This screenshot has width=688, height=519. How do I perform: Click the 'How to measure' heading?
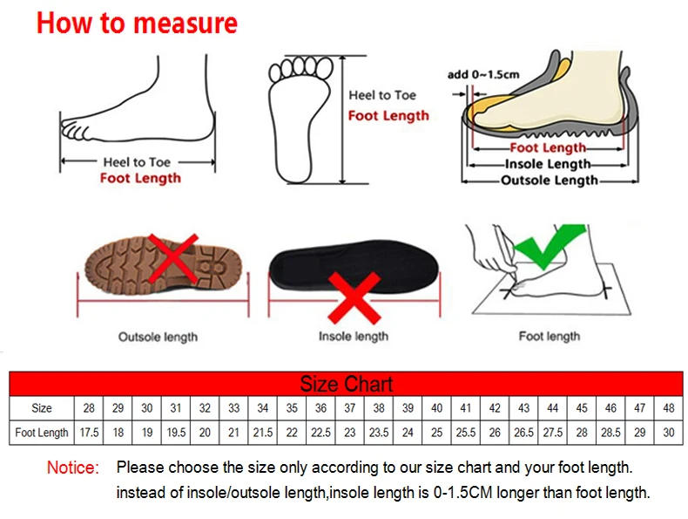pos(137,24)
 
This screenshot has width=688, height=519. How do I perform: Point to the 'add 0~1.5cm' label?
pos(483,74)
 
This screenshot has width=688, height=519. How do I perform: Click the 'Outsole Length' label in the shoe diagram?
pos(550,181)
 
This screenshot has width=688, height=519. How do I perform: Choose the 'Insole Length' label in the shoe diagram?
pos(549,164)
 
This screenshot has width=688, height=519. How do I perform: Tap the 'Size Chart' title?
pos(347,384)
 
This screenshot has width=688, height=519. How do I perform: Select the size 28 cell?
pos(89,408)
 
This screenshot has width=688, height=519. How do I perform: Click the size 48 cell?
pos(669,408)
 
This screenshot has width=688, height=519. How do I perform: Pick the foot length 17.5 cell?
pos(89,433)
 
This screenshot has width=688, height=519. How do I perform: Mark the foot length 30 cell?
pos(669,433)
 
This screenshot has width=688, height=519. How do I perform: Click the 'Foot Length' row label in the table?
pos(42,433)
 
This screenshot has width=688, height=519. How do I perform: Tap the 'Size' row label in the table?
pos(42,408)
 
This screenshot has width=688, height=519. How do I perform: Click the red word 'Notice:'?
pos(73,468)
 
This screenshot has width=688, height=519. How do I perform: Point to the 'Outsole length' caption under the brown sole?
pos(158,337)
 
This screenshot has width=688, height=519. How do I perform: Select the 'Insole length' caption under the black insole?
pos(353,337)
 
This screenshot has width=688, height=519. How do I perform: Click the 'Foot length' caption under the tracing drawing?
pos(549,336)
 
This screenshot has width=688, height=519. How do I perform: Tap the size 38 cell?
pos(379,408)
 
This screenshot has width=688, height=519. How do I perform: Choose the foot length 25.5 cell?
pos(466,433)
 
